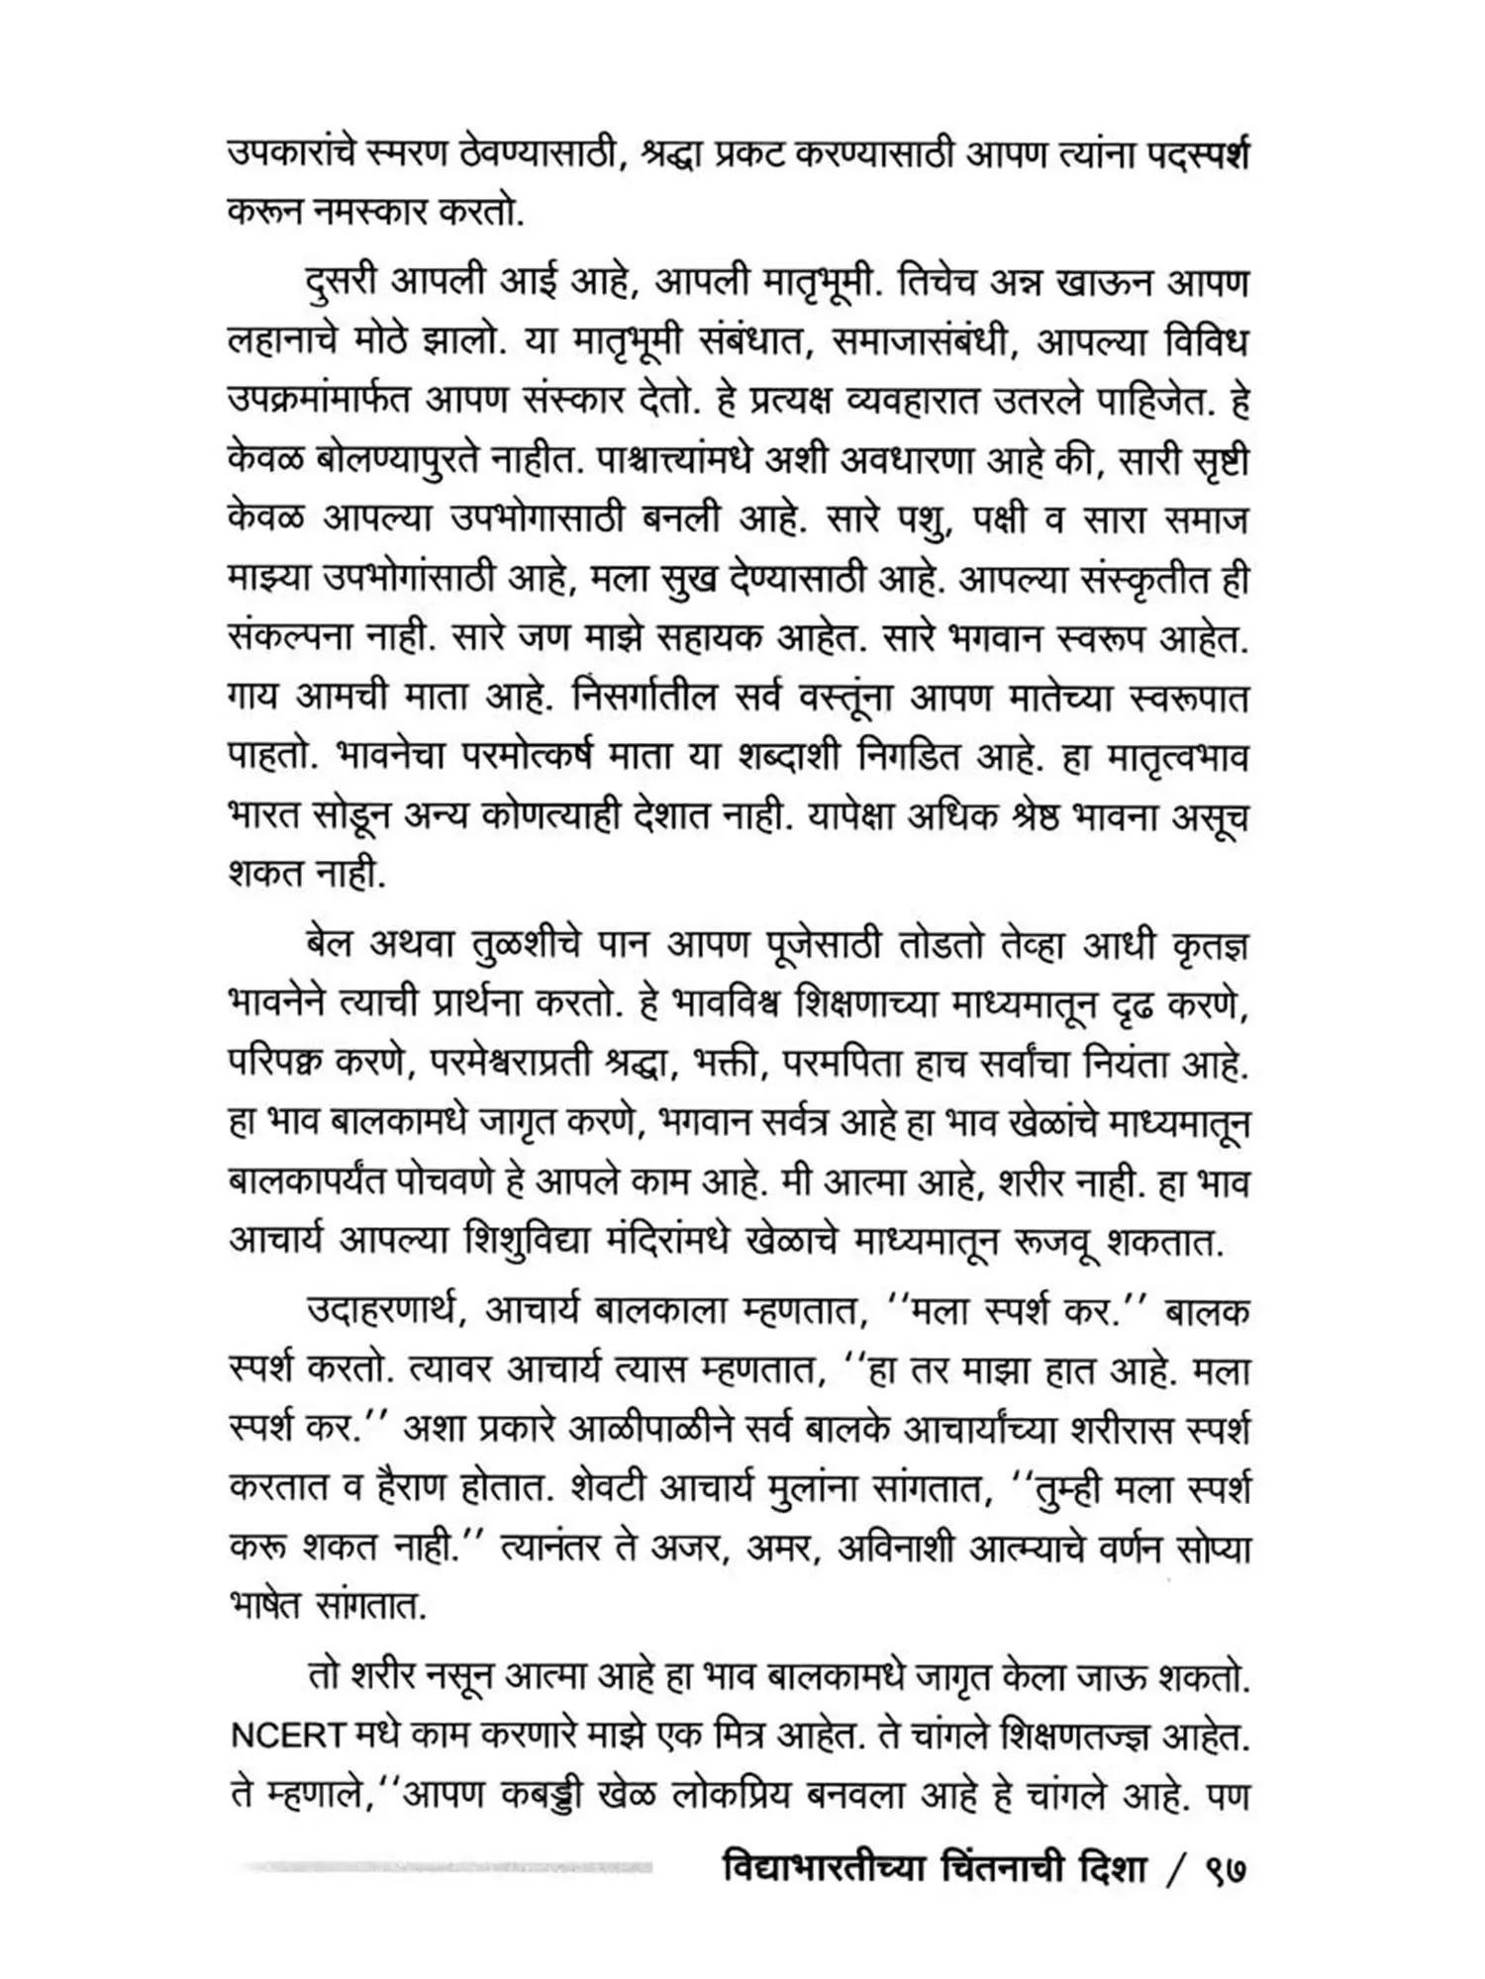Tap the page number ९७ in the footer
click(1225, 1872)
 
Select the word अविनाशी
click(904, 1548)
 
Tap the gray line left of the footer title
click(445, 1868)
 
